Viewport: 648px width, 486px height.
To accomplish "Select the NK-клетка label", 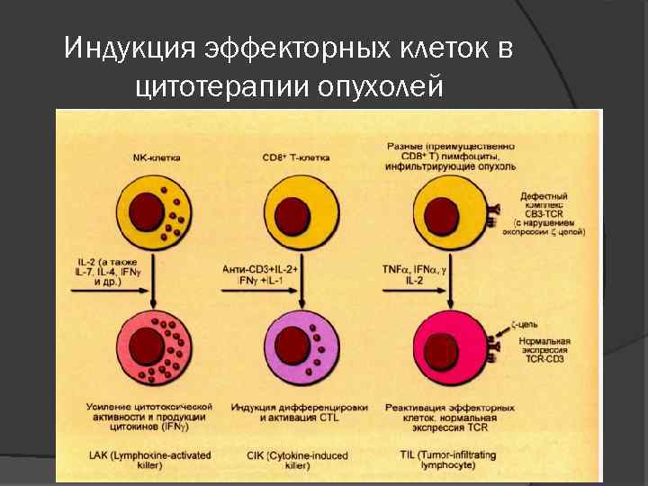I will point(156,157).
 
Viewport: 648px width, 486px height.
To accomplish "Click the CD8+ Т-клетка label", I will point(296,157).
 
